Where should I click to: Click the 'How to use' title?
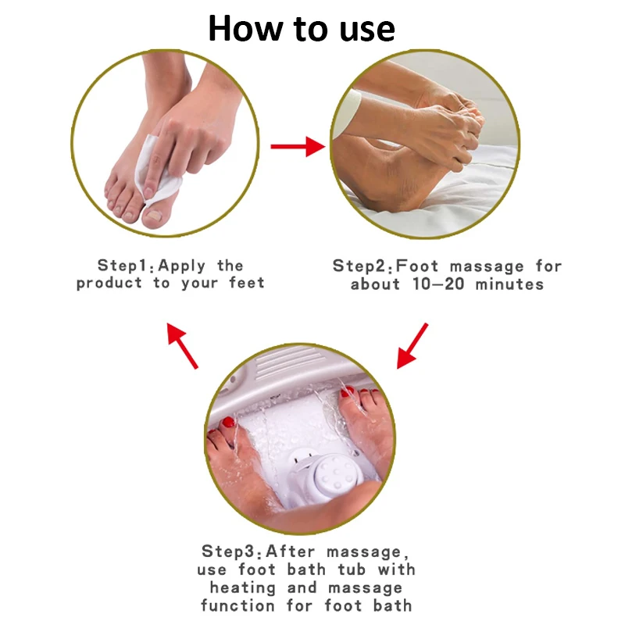coord(302,29)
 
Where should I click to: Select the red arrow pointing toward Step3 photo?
coord(413,345)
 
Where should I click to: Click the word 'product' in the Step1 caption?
coord(110,284)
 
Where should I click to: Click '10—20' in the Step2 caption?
coord(438,284)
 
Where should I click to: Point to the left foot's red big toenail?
coord(229,423)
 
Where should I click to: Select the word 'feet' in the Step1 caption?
coord(246,284)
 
